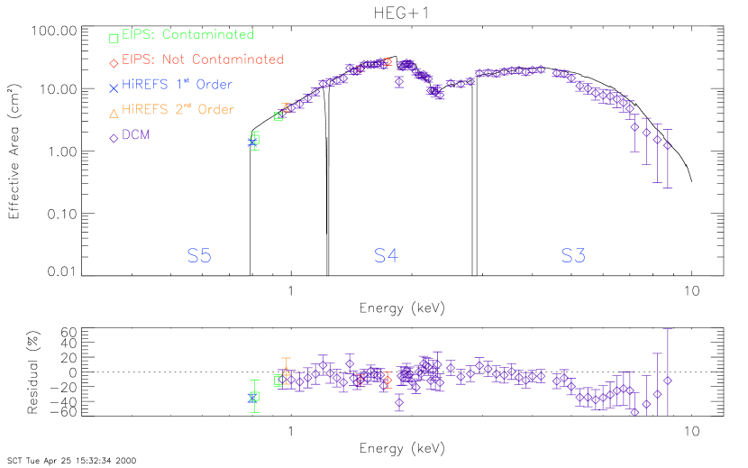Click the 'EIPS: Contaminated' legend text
(x=187, y=35)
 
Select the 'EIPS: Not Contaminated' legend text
(x=202, y=60)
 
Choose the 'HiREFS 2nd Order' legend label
(x=178, y=110)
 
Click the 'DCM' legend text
(x=136, y=135)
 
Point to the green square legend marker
(x=114, y=38)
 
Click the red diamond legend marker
(x=114, y=62)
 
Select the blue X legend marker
(x=114, y=87)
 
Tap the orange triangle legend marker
(x=114, y=113)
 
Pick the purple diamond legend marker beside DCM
(x=114, y=138)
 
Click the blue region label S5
(x=199, y=256)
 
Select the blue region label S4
(x=386, y=256)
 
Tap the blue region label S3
(x=573, y=256)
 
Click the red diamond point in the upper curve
(x=388, y=62)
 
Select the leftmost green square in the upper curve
(x=254, y=140)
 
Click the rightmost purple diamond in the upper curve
(x=667, y=145)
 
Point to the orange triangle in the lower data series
(x=287, y=372)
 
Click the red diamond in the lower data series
(x=388, y=380)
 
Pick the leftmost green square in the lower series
(x=254, y=396)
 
